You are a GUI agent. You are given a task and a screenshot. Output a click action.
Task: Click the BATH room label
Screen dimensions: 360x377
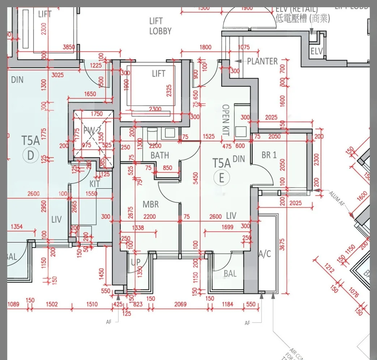[160, 155]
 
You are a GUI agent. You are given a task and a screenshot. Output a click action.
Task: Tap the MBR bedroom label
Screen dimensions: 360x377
[150, 205]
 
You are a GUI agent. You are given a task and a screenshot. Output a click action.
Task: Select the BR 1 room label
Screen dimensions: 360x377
[269, 155]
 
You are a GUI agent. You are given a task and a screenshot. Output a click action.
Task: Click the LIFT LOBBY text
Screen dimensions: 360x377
[160, 26]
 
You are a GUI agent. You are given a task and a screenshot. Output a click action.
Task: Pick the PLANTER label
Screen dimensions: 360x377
[262, 61]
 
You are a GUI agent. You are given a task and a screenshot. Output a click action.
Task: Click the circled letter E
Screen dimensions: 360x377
[221, 177]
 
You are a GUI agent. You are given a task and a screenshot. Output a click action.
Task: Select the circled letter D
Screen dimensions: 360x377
[30, 155]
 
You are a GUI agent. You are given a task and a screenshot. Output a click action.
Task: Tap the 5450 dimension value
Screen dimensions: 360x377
[196, 180]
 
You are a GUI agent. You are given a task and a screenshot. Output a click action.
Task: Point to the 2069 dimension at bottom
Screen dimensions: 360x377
[180, 304]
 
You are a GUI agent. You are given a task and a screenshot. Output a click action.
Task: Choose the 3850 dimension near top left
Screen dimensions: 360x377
[69, 47]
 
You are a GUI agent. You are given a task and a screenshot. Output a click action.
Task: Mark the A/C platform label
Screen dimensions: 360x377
[265, 254]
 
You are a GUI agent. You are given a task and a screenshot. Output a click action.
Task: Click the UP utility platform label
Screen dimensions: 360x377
[136, 262]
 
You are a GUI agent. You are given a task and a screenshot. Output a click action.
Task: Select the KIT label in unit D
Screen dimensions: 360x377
[95, 184]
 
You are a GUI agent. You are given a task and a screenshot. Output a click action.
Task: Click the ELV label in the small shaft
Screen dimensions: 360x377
[317, 51]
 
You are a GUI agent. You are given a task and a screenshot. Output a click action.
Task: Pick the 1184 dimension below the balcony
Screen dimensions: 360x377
[227, 304]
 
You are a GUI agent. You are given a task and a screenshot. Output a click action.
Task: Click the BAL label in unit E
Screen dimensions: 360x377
[230, 274]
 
